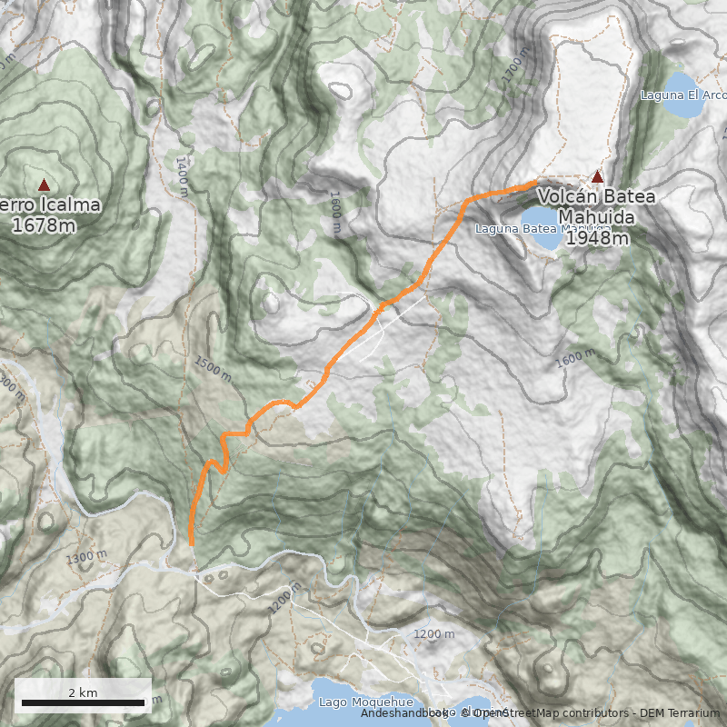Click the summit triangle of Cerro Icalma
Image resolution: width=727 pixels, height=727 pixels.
(44, 184)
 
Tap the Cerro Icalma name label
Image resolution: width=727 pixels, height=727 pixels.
(50, 205)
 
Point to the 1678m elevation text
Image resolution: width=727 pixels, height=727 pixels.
(45, 224)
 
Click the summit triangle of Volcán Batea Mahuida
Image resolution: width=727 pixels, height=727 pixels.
(597, 176)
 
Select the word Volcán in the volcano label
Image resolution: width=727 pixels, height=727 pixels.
(571, 196)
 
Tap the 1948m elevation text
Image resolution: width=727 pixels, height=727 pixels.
(597, 238)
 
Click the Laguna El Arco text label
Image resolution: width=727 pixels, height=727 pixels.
(683, 95)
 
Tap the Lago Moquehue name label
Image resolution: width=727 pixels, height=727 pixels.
(365, 702)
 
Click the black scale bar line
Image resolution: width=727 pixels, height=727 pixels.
(83, 703)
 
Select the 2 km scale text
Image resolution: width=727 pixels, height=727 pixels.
(83, 692)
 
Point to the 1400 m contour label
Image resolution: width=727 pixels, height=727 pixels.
(182, 172)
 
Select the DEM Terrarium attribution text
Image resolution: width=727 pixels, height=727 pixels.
(679, 713)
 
